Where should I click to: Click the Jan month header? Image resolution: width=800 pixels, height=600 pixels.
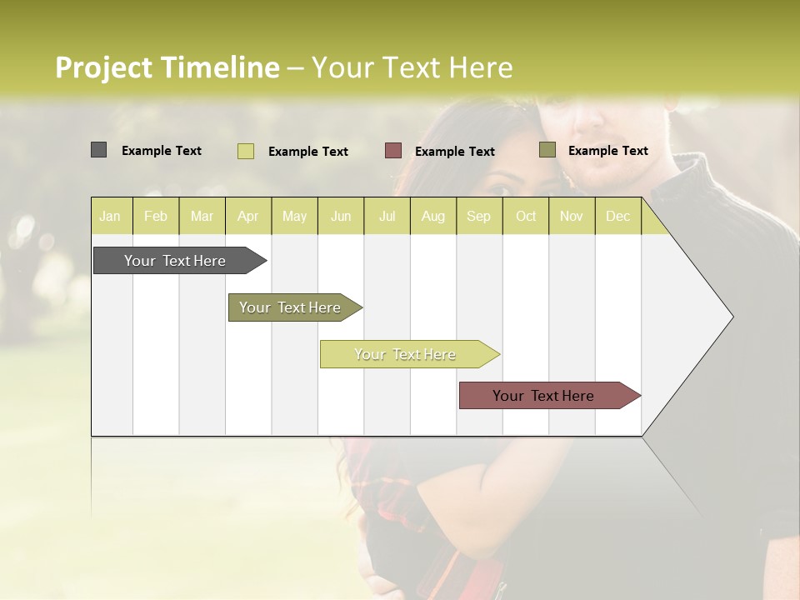[x=110, y=216]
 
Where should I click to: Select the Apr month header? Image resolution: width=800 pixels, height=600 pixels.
[x=247, y=216]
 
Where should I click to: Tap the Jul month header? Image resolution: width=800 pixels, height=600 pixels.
[x=387, y=216]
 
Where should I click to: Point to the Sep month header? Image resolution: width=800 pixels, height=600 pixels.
[x=478, y=216]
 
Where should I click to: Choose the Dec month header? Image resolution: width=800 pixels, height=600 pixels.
[x=617, y=216]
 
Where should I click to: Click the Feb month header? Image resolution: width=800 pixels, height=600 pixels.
[x=156, y=216]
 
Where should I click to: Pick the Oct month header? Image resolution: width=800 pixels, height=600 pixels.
[x=526, y=216]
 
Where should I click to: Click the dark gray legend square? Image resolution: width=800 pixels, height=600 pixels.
[x=98, y=150]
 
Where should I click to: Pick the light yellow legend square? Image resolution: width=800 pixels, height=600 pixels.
[x=245, y=151]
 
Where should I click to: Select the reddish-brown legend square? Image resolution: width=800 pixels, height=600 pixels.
[x=393, y=150]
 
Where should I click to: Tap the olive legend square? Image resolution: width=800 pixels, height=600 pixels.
[x=547, y=150]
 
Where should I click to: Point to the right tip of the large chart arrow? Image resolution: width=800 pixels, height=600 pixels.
[x=732, y=317]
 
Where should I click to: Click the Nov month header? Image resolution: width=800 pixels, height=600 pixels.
[x=572, y=216]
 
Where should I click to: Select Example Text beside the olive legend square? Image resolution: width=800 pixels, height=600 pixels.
[x=607, y=151]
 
